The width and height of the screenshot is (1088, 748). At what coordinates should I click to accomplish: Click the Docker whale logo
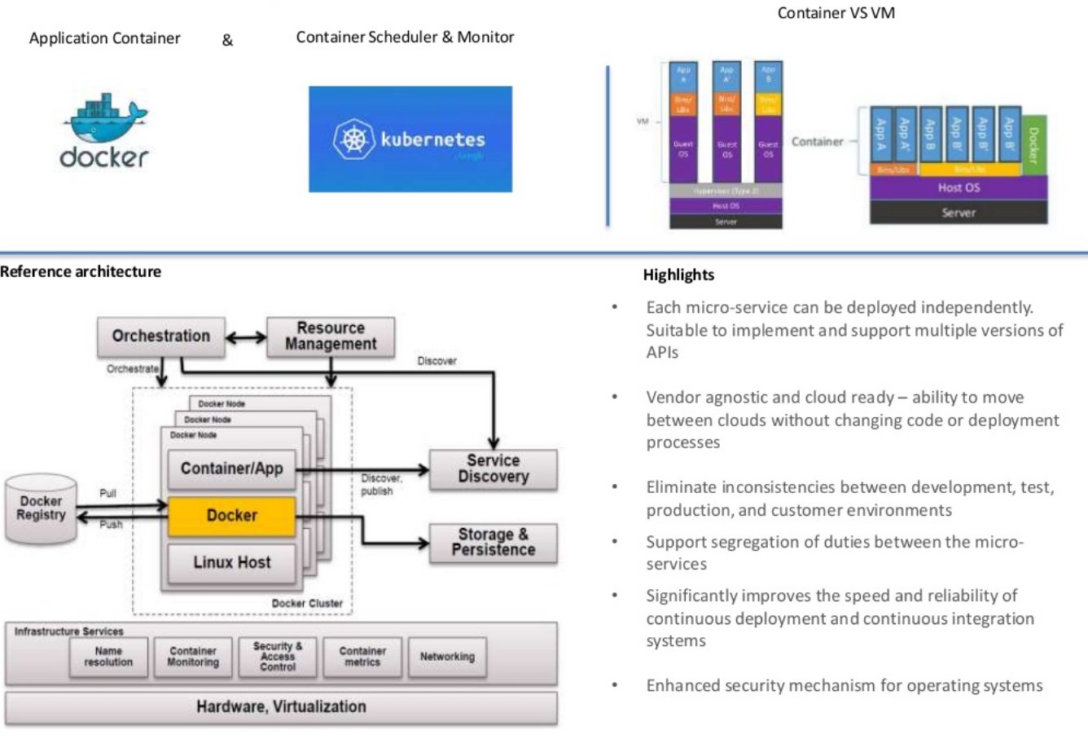pos(104,130)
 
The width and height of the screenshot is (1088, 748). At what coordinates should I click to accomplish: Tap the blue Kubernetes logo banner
pos(410,139)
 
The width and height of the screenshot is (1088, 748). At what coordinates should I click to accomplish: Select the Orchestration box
pos(160,337)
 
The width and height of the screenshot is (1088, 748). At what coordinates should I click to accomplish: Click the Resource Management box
pos(331,337)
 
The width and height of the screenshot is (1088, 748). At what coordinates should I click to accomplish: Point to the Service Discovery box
pos(493,469)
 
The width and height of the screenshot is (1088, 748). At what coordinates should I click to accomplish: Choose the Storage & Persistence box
pos(493,543)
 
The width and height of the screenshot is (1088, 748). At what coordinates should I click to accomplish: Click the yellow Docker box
pos(231,516)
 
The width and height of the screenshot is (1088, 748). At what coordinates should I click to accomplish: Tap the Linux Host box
pos(231,562)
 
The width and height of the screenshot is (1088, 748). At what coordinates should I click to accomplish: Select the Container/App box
pos(231,469)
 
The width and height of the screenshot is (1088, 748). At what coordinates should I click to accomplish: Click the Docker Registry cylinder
pos(41,509)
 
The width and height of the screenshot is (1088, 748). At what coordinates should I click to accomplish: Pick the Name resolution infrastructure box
pos(108,657)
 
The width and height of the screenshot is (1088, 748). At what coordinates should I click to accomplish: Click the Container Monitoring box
pos(193,657)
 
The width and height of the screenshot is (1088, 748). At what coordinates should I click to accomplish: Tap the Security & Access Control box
pos(278,657)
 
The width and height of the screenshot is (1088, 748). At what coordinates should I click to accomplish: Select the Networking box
pos(447,657)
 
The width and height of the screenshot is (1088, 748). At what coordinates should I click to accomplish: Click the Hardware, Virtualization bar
pos(281,707)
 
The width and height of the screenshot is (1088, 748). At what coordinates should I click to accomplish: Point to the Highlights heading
pos(678,275)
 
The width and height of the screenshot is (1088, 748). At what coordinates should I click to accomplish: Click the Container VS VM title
pos(836,13)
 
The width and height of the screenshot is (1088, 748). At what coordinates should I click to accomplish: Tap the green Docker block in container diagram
pos(1033,145)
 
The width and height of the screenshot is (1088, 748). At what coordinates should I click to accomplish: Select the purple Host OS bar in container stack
pos(958,187)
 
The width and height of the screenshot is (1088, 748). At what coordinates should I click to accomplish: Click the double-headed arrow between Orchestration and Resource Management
pos(245,337)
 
